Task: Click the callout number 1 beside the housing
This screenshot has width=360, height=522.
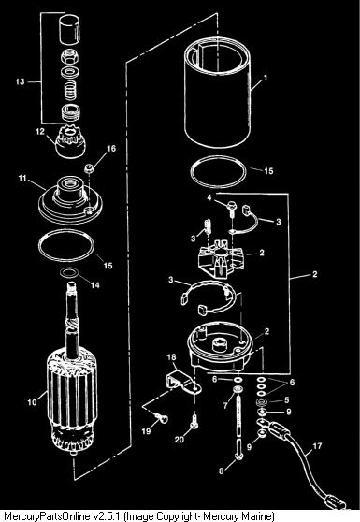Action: [266, 78]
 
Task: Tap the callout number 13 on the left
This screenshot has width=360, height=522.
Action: [20, 81]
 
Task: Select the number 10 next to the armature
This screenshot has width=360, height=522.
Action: [32, 402]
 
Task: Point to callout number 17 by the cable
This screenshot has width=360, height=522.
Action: [317, 445]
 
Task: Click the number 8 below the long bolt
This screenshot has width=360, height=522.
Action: [222, 471]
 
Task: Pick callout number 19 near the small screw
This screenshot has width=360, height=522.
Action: [146, 431]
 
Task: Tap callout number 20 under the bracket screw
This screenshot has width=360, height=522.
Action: [180, 440]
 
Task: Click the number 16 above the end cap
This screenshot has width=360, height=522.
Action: [111, 148]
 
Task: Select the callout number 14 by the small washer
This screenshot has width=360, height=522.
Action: [94, 285]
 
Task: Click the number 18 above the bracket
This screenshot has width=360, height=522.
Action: [172, 357]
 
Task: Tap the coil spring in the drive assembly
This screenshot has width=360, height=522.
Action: [70, 91]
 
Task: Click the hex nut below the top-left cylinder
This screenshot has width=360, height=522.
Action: [70, 56]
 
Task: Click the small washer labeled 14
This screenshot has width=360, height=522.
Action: [69, 272]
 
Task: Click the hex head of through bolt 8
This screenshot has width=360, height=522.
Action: [239, 457]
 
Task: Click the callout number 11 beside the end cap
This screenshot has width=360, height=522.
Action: [22, 178]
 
